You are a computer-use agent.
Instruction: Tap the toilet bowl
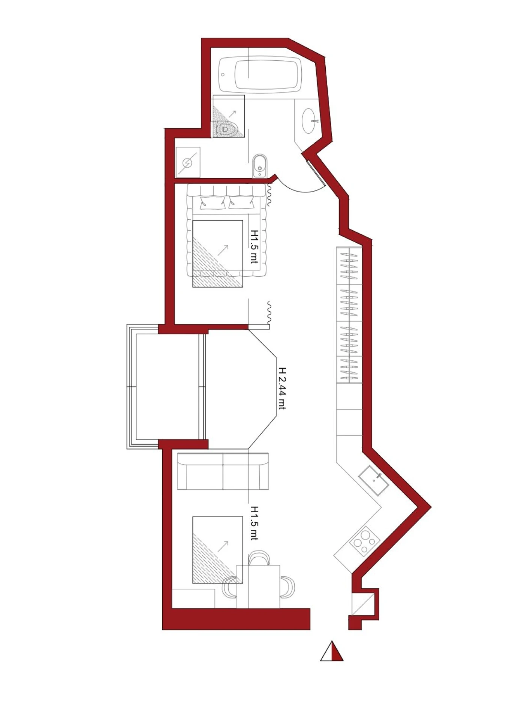point(227,129)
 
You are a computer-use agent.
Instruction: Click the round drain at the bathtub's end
point(223,75)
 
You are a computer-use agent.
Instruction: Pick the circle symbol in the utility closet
point(187,163)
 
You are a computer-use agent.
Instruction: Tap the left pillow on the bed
point(213,202)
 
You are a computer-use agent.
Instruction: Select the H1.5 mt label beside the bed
point(255,246)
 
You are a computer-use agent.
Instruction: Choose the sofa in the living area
point(223,471)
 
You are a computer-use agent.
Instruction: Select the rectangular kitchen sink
point(374,481)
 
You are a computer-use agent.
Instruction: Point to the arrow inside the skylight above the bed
point(223,250)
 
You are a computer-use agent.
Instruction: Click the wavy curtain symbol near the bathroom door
point(269,195)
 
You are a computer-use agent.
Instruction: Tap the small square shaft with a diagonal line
point(363,604)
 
